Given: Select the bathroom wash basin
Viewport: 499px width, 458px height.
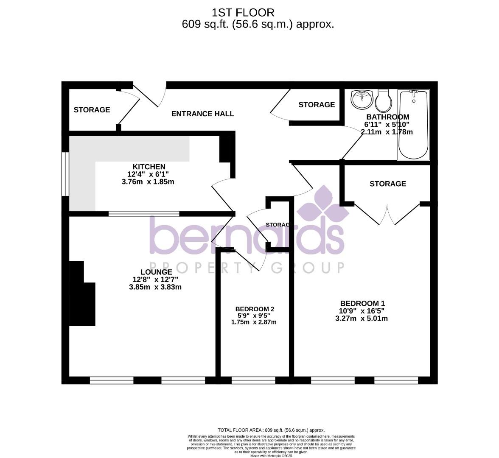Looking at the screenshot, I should [x=362, y=100].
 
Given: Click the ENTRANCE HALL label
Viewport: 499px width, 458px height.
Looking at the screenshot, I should [x=202, y=114].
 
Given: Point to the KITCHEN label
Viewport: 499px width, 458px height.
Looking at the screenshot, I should [x=149, y=167].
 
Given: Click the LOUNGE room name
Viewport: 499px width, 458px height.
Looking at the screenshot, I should [x=156, y=272].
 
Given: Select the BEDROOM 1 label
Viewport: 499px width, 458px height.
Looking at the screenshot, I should [x=362, y=303].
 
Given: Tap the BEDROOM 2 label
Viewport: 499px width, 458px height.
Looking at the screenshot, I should [x=255, y=309].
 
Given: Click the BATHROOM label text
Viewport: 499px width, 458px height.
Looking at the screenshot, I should [x=387, y=117].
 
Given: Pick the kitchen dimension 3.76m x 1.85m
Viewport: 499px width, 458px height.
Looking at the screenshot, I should [x=148, y=182].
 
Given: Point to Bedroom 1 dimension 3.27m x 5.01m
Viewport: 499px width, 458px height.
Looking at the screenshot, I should [x=361, y=318].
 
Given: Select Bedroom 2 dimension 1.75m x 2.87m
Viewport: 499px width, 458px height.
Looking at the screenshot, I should [x=254, y=322].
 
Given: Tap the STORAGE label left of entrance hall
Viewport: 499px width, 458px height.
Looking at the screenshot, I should [x=92, y=110].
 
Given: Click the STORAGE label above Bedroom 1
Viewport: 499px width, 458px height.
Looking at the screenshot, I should [x=387, y=184].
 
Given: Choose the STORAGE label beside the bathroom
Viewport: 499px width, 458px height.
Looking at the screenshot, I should [x=317, y=105].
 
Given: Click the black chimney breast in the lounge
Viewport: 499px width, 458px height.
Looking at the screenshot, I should [x=82, y=297].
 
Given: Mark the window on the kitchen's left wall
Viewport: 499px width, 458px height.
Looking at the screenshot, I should [x=65, y=174].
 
